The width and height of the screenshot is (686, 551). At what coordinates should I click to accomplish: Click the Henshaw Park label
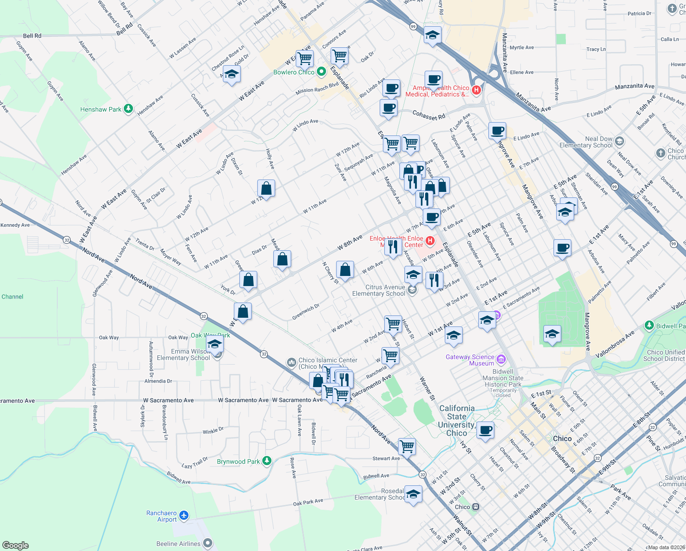[x=101, y=109]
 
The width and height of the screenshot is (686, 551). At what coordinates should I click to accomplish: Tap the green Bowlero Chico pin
[x=321, y=72]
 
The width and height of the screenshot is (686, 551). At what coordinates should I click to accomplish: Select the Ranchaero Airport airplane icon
[x=184, y=516]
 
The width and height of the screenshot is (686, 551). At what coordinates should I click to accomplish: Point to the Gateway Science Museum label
[x=470, y=360]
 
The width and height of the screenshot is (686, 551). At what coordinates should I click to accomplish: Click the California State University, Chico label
[x=457, y=421]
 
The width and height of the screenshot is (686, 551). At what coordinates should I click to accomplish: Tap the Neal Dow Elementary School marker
[x=620, y=141]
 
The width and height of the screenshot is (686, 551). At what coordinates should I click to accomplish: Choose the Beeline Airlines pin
[x=208, y=544]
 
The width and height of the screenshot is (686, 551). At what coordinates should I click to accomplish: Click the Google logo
[x=15, y=545]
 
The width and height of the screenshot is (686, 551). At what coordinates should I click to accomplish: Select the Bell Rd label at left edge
[x=32, y=36]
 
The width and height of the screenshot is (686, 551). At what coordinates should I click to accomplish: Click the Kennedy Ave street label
[x=15, y=225]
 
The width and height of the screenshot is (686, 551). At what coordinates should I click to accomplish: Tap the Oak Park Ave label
[x=308, y=502]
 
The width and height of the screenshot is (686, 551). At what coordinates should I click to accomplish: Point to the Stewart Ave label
[x=386, y=458]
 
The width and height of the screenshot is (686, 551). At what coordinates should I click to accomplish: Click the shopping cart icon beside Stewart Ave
[x=407, y=445]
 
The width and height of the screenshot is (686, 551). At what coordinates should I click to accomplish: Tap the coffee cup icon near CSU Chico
[x=486, y=430]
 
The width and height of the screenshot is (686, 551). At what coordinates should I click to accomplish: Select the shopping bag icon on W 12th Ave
[x=266, y=188]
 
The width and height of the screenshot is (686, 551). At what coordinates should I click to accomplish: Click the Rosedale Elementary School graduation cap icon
[x=413, y=494]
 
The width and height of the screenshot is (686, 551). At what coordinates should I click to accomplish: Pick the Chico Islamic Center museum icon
[x=291, y=363]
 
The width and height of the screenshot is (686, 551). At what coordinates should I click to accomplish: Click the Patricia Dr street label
[x=639, y=13]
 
